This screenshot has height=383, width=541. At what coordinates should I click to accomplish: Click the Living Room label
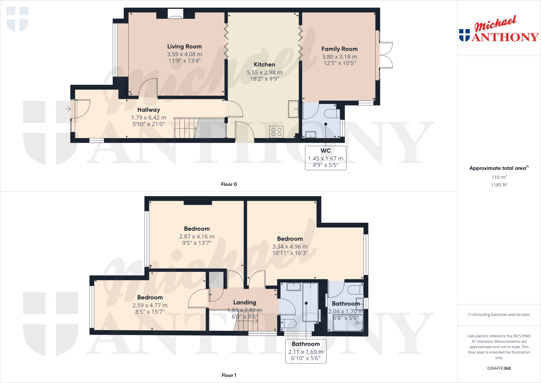click(x=184, y=47)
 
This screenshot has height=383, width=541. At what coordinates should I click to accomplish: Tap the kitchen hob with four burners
click(x=276, y=132)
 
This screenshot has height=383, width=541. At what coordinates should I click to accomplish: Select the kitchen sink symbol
click(x=293, y=109)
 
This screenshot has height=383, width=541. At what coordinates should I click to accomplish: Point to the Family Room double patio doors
click(x=386, y=55)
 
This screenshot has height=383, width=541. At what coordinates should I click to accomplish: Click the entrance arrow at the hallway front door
click(x=68, y=109)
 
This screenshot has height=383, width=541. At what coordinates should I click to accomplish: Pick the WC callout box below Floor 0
click(x=325, y=158)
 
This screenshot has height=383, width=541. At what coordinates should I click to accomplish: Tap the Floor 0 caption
click(x=229, y=184)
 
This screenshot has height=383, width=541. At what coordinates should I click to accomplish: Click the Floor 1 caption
click(x=229, y=375)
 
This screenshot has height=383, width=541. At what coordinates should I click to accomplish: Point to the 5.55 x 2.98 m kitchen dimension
click(x=264, y=72)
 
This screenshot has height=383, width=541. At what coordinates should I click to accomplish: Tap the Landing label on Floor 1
click(x=245, y=302)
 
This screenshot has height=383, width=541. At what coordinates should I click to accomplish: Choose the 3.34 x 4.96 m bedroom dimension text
click(x=290, y=247)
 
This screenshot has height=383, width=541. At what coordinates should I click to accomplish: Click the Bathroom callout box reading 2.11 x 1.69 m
click(x=306, y=351)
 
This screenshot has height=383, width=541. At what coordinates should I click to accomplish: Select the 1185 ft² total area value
click(x=499, y=185)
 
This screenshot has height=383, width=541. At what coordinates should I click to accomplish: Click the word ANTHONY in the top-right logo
click(x=505, y=37)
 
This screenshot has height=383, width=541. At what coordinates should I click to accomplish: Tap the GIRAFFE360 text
click(x=499, y=368)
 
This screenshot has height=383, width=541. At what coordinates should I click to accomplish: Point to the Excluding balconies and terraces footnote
click(x=499, y=315)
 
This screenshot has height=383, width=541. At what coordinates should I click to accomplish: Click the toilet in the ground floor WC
click(x=331, y=113)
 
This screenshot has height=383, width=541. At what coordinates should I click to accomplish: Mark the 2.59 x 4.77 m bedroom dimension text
click(x=150, y=306)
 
